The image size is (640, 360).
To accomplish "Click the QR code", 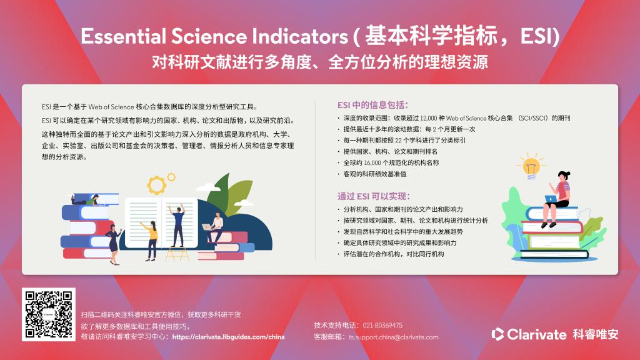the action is coord(49,314).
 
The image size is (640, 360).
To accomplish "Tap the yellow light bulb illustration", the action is coord(531,166).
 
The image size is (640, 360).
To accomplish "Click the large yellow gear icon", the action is coord(156,185).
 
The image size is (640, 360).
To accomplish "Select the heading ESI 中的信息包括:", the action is coord(372,105).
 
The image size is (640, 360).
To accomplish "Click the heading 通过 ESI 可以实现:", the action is coord(374,196).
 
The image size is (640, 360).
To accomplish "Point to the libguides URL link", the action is coord(228,337).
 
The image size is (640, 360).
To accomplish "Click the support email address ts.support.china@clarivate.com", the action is coord(394,337).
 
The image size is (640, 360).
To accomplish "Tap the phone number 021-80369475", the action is coord(382,325).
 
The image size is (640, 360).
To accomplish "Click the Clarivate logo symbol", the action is coord(497,334).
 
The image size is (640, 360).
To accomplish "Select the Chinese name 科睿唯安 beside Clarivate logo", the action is coord(596,334).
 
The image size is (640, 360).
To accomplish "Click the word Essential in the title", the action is coord(123,36).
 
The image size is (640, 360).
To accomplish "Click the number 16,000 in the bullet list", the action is coord(372,162).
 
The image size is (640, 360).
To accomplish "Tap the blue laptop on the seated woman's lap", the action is coord(551,199).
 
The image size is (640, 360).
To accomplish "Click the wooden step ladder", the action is coord(177,253).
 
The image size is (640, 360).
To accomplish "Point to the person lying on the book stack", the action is coord(86,200).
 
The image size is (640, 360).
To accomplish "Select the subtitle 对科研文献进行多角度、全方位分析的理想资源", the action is coord(320,62).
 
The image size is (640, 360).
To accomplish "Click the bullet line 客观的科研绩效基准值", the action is coord(375,174).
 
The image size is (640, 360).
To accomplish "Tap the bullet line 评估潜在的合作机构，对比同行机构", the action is coord(394,254).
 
